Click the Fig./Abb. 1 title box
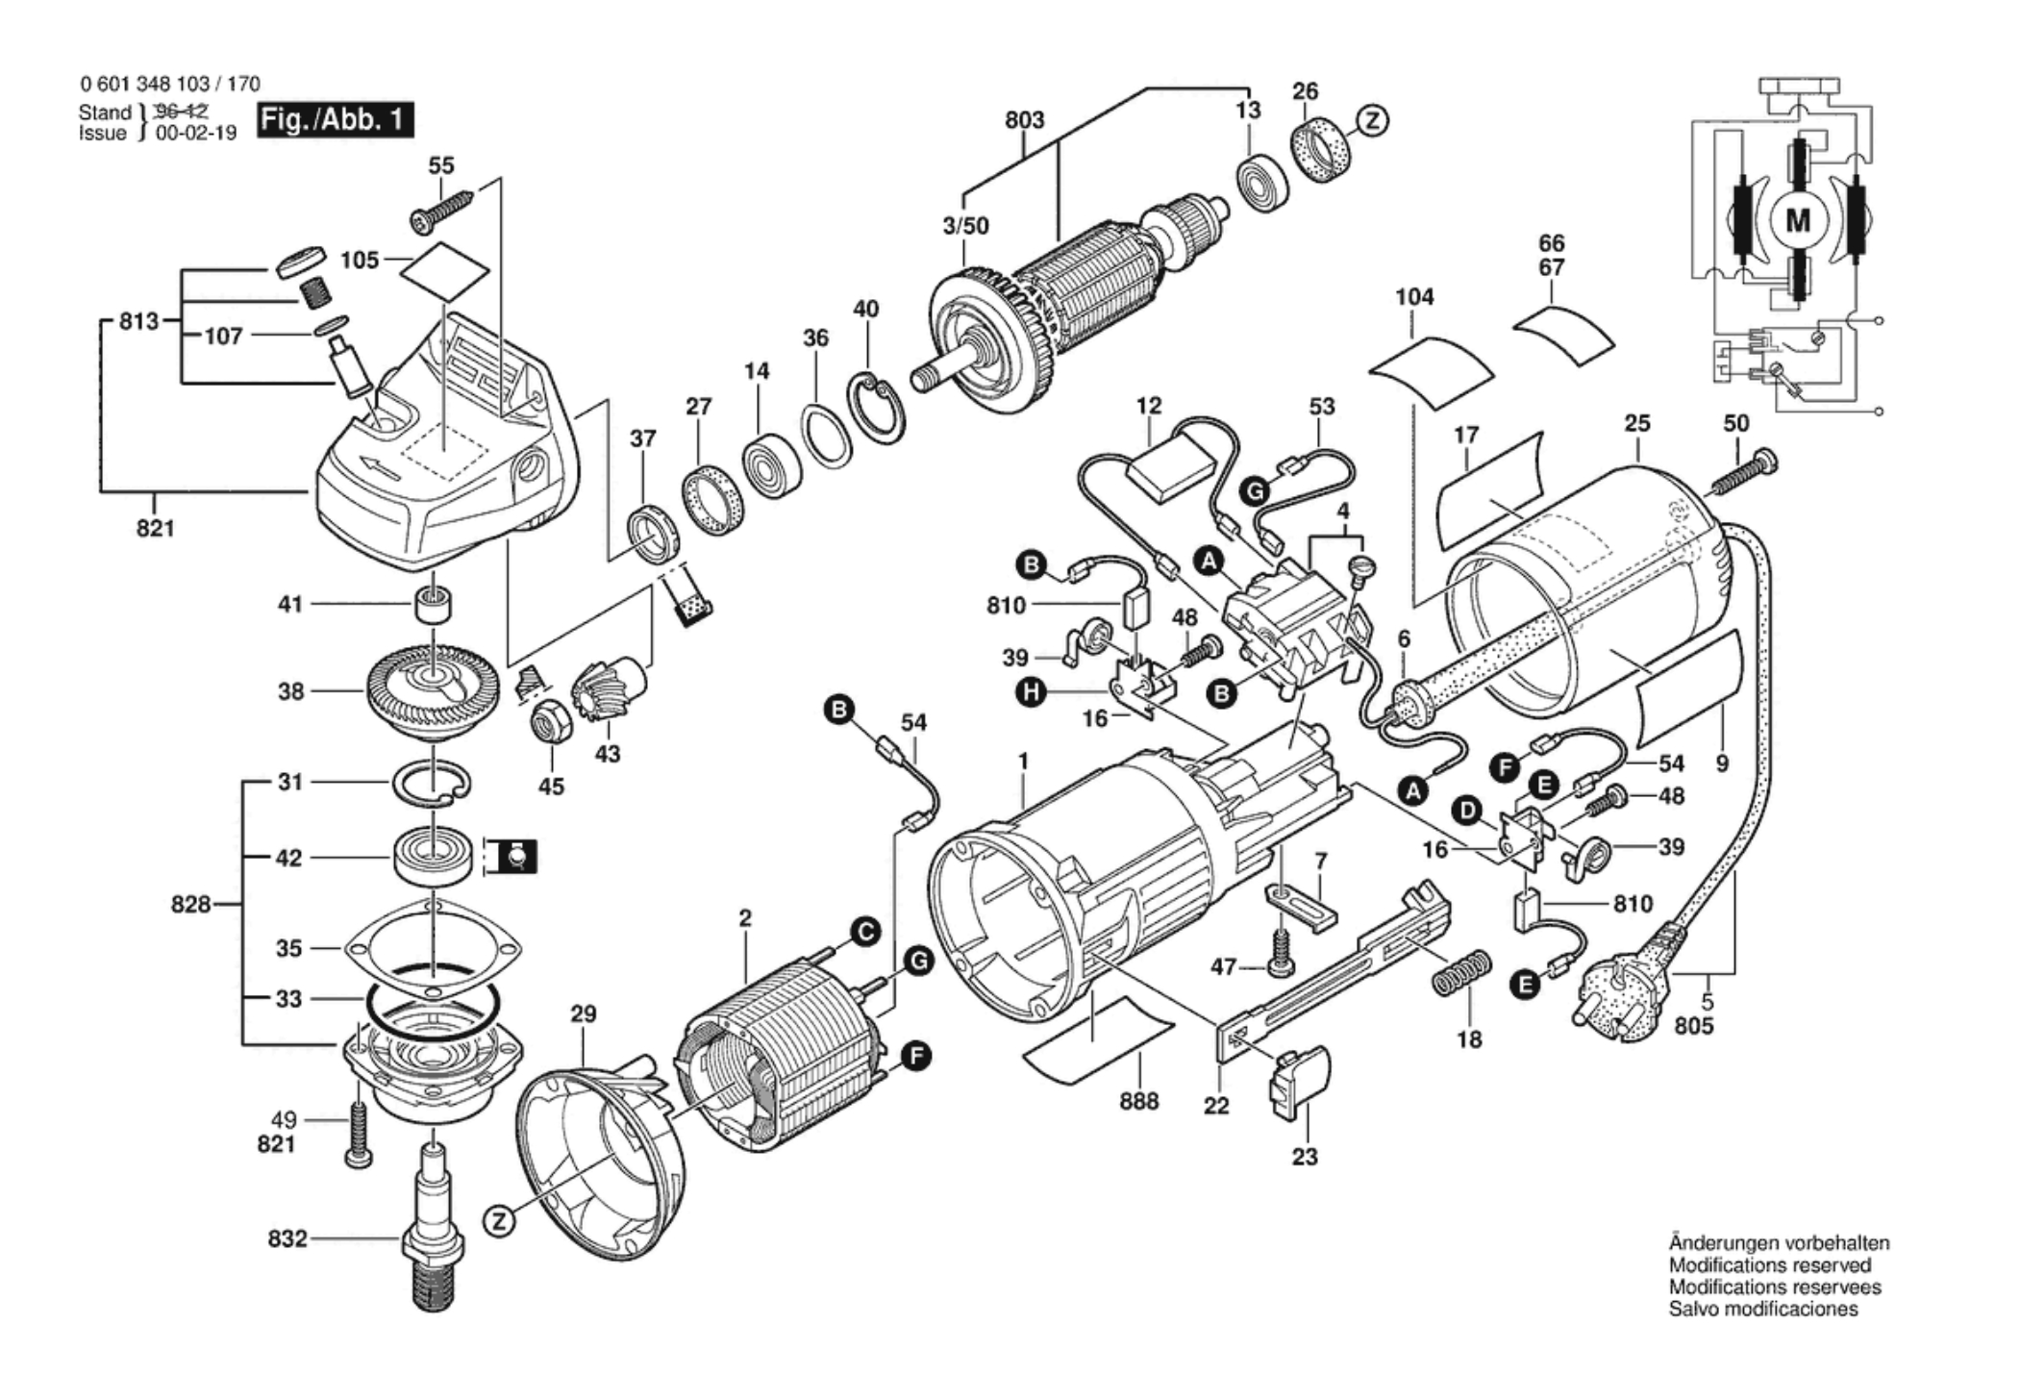coord(335,121)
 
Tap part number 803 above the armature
coord(1024,120)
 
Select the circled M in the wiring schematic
coord(1797,221)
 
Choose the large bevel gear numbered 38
coord(433,690)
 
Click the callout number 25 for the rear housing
coord(1636,423)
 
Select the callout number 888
coord(1138,1101)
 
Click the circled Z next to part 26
coord(1372,120)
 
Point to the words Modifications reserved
coord(1770,1264)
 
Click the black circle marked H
coord(1033,691)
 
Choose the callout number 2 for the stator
coord(745,918)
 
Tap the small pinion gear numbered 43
coord(608,687)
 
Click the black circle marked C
coord(865,932)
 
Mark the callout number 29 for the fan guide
coord(583,1013)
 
